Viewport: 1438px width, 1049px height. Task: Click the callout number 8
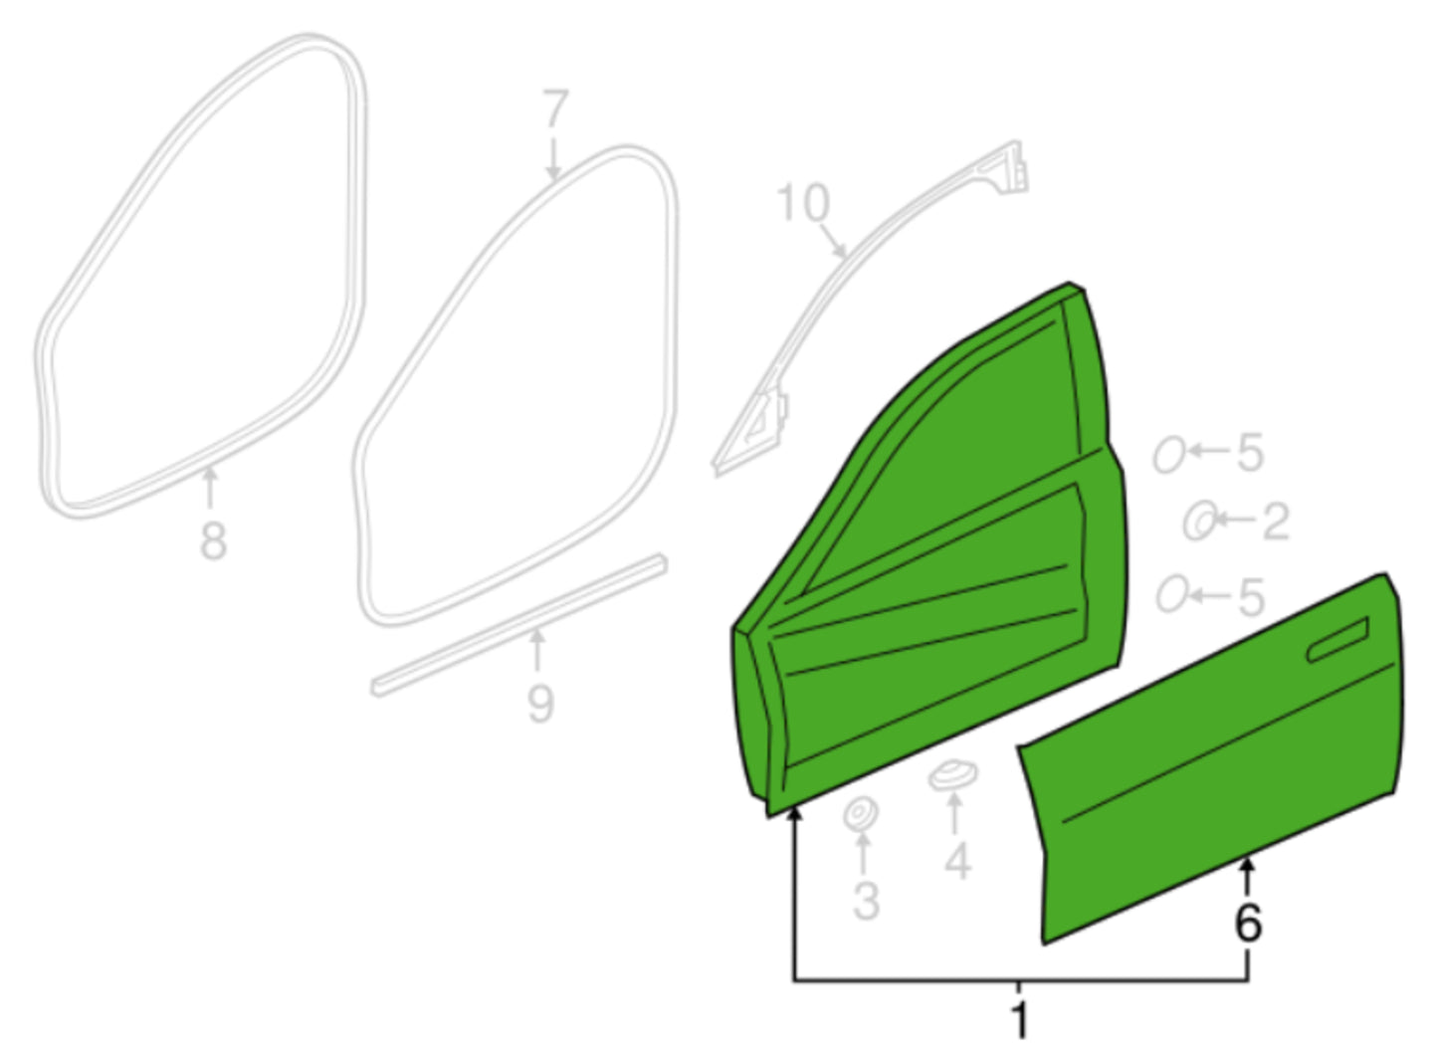pos(213,540)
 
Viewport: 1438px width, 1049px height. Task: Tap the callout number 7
pos(555,107)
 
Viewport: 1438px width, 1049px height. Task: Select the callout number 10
pos(803,203)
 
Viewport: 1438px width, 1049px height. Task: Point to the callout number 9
pos(540,704)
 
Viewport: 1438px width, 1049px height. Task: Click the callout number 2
pos(1276,522)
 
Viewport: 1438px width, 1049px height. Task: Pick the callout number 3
pos(866,901)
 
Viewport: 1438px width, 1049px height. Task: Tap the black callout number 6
pos(1248,924)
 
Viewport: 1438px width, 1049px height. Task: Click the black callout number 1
pos(1019,1019)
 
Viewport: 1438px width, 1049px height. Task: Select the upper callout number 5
pos(1249,453)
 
